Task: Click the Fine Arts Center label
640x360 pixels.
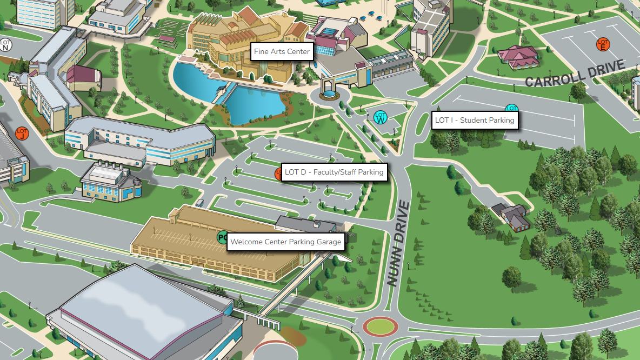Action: coord(282,52)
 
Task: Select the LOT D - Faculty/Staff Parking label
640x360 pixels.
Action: coord(334,172)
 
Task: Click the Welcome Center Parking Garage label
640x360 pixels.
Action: coord(286,242)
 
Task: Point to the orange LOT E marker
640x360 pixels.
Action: coord(603,44)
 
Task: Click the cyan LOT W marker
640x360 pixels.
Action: coord(381,117)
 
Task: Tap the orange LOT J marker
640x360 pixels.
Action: coord(22,133)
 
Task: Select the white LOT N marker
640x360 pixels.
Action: coord(5,44)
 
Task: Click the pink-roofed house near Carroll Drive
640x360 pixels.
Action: coord(518,57)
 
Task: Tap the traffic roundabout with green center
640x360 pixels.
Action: coord(380,326)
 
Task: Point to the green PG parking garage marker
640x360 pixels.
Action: coord(222,237)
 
